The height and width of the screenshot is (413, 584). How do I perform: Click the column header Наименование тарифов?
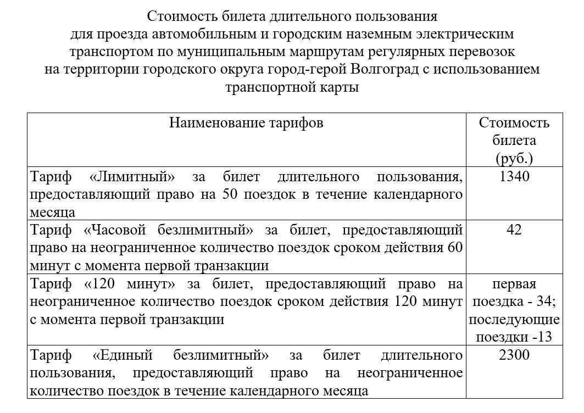[246, 122]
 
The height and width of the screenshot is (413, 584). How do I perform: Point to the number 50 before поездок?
[231, 194]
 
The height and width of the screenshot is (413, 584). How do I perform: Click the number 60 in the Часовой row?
[455, 248]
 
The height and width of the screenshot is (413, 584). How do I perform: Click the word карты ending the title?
[340, 87]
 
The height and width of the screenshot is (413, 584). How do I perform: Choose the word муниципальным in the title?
[225, 52]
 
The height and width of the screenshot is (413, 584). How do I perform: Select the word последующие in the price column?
[514, 319]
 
